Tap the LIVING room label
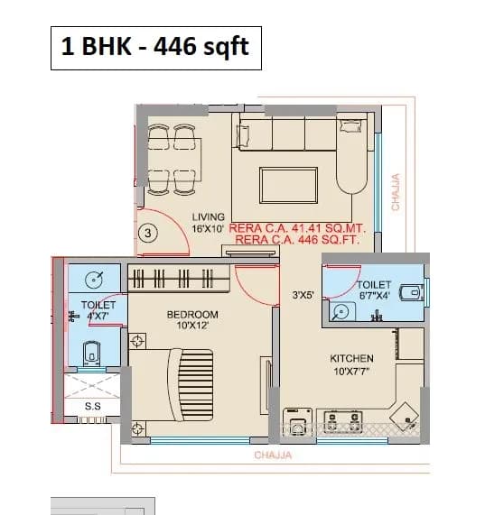209,217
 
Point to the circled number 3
150,233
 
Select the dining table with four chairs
172,158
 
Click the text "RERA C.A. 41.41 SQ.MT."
294,229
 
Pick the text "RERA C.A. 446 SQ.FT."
294,241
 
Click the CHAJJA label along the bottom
272,455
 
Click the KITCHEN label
351,358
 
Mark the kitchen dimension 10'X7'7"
351,371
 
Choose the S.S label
92,407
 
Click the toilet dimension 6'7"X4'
373,294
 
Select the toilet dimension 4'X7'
98,317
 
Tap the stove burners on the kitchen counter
343,419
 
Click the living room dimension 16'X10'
209,229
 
